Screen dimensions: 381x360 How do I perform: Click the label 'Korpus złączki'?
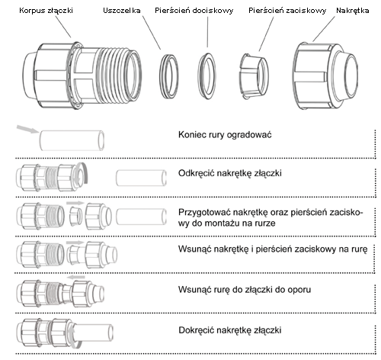pyautogui.click(x=46, y=11)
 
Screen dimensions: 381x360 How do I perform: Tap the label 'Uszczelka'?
pyautogui.click(x=122, y=11)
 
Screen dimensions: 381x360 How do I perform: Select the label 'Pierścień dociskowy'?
pyautogui.click(x=194, y=11)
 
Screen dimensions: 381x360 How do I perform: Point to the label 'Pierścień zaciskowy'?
pyautogui.click(x=287, y=11)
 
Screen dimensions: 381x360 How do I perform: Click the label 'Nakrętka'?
pyautogui.click(x=353, y=11)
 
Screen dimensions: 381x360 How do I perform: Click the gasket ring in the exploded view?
pyautogui.click(x=168, y=76)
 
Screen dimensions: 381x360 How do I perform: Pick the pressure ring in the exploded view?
pyautogui.click(x=207, y=76)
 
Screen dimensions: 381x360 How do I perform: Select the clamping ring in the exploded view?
pyautogui.click(x=254, y=76)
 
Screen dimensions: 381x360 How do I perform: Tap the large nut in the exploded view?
pyautogui.click(x=325, y=76)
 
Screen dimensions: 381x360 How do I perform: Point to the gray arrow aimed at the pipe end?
pyautogui.click(x=27, y=129)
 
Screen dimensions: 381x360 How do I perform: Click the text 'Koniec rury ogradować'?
pyautogui.click(x=225, y=135)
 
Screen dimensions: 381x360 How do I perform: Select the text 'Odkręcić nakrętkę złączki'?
pyautogui.click(x=230, y=173)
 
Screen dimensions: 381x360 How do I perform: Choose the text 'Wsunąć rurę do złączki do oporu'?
pyautogui.click(x=245, y=290)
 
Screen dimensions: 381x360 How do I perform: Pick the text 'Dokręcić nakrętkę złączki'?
pyautogui.click(x=230, y=330)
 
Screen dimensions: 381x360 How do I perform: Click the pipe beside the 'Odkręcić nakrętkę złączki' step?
pyautogui.click(x=141, y=178)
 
